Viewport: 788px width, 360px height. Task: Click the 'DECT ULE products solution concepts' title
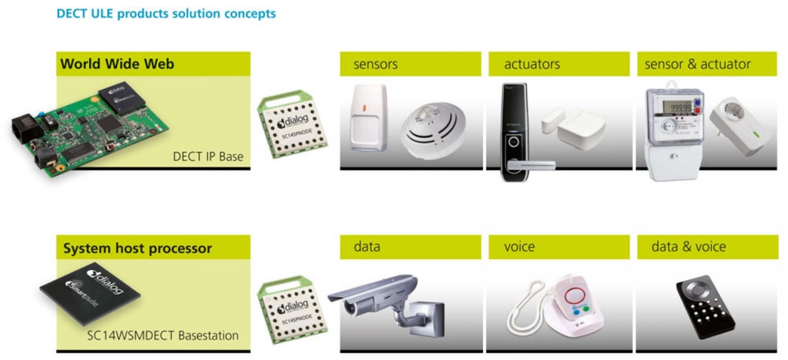[x=166, y=13]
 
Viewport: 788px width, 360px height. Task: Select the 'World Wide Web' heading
[x=117, y=64]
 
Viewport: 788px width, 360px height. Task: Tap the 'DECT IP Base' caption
[x=208, y=156]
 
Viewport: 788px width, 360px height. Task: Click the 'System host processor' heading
[x=137, y=248]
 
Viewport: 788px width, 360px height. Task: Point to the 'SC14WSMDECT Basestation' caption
[x=162, y=336]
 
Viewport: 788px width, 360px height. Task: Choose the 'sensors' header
[x=375, y=64]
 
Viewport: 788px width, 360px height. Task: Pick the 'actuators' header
[x=531, y=64]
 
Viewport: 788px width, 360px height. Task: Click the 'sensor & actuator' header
[x=697, y=64]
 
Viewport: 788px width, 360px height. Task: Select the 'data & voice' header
[x=688, y=247]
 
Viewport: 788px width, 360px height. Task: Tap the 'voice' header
[x=519, y=247]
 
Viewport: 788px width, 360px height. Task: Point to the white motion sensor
[x=368, y=118]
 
